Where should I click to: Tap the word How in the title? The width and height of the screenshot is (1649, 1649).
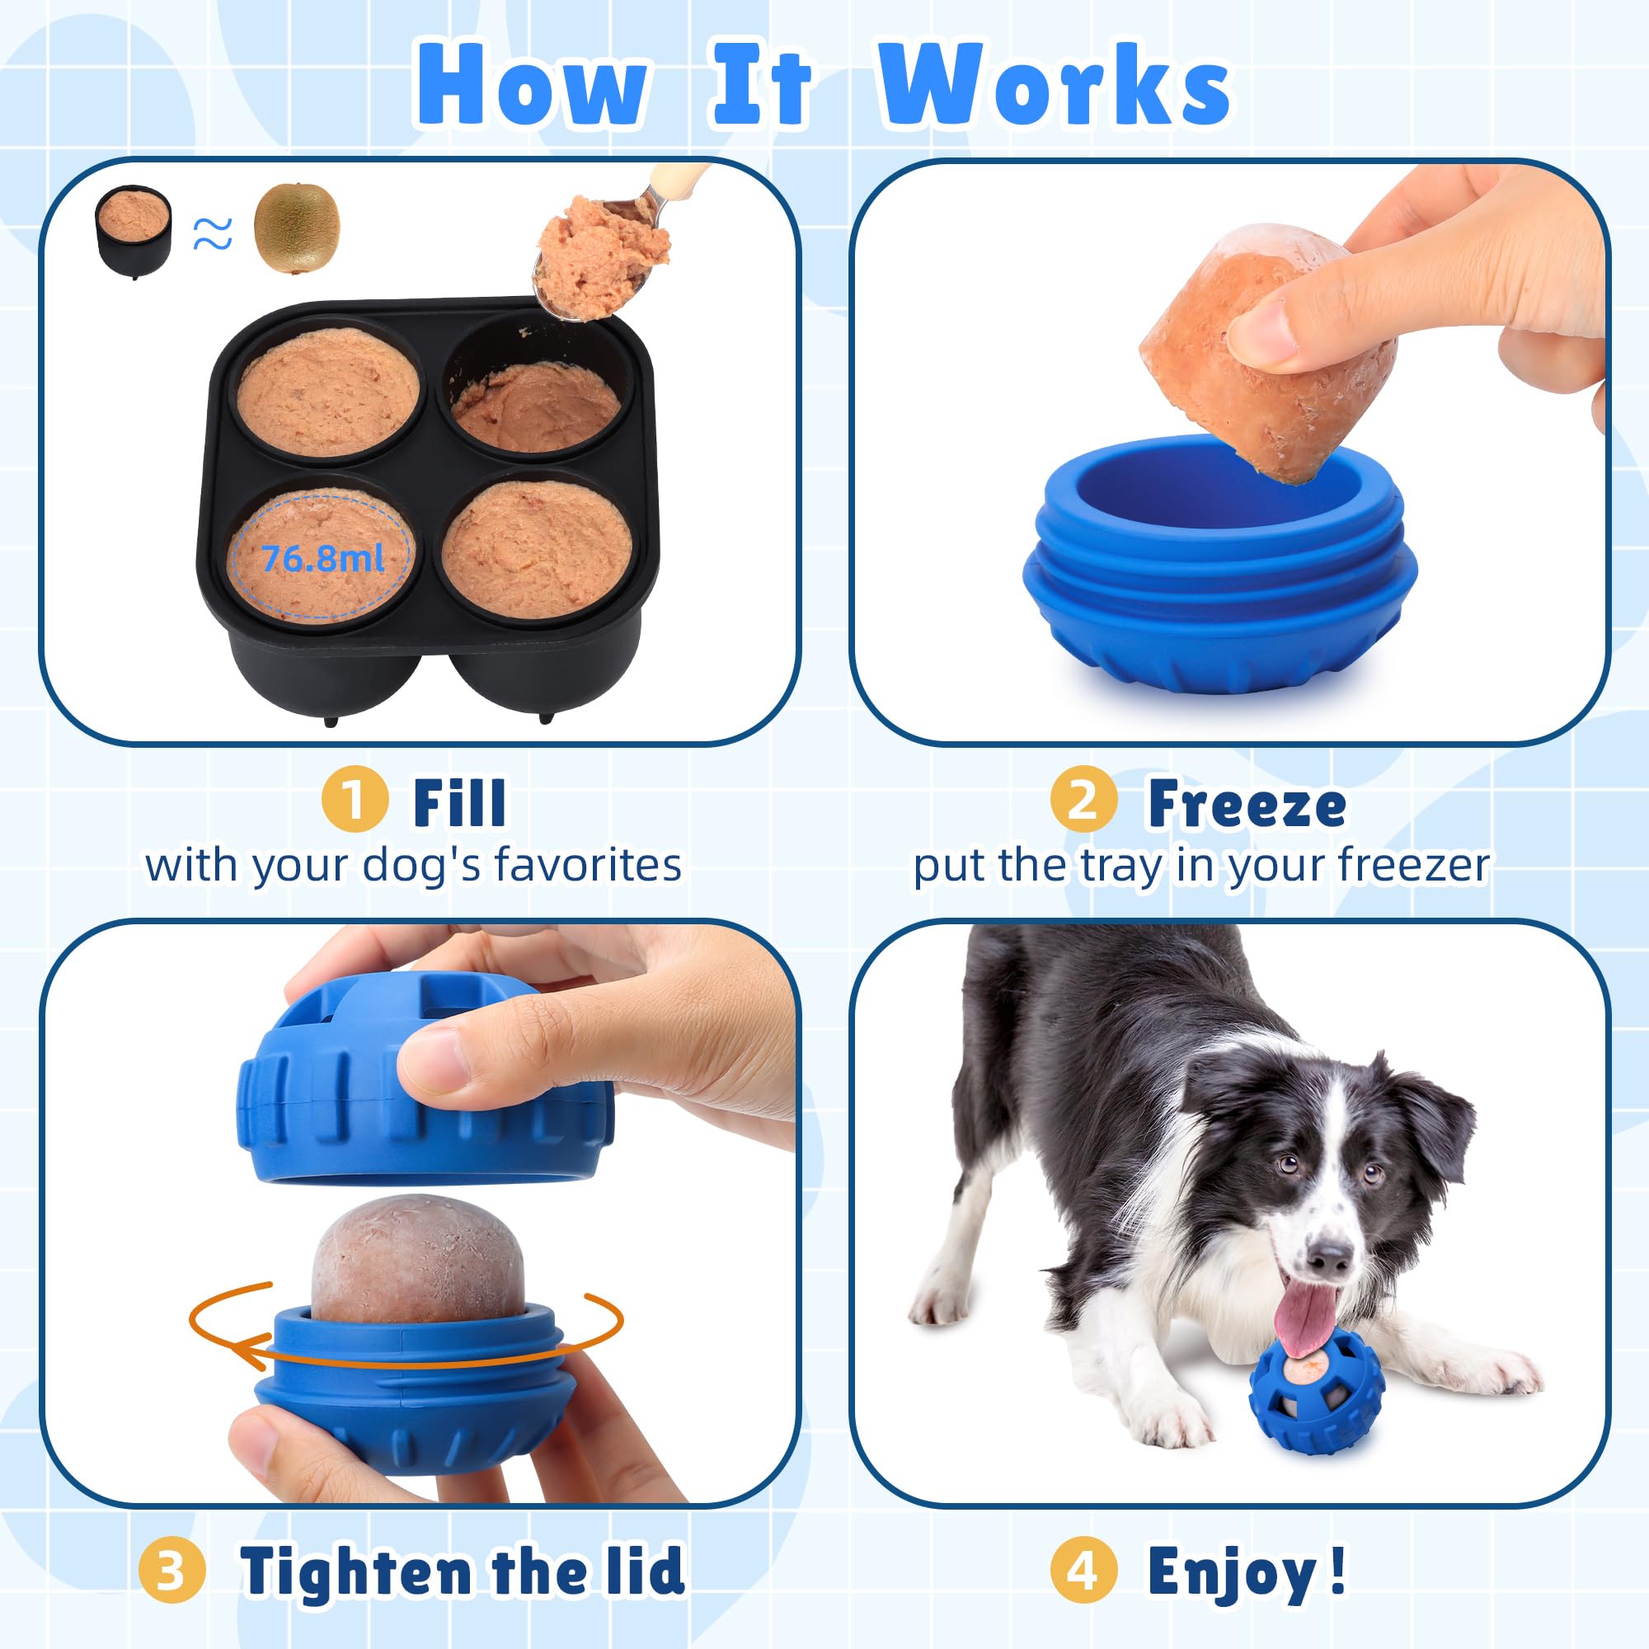tap(531, 86)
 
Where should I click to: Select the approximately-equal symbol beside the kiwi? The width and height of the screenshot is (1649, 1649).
tap(213, 233)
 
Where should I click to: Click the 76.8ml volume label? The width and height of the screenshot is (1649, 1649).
tap(322, 559)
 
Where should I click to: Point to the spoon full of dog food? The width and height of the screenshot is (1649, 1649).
tap(598, 256)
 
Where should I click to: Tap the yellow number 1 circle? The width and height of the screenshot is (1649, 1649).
tap(355, 801)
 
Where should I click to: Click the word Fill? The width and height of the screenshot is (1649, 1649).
tap(459, 802)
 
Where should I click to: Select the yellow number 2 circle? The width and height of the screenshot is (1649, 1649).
tap(1083, 801)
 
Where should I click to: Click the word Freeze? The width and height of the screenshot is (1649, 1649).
tap(1247, 804)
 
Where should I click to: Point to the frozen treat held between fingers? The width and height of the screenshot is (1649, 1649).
tap(1263, 359)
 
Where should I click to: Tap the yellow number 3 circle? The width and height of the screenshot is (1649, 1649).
tap(171, 1571)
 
